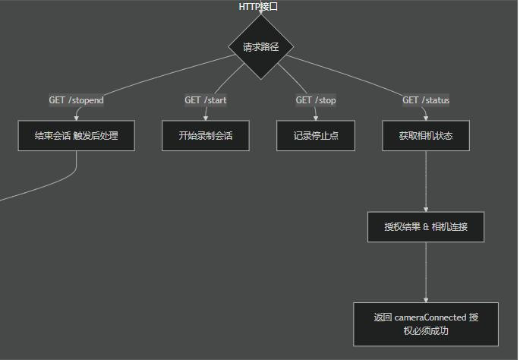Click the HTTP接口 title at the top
(x=259, y=7)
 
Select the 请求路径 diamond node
(x=261, y=47)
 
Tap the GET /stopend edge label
(x=77, y=100)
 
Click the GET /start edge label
(x=206, y=100)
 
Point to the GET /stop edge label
(x=316, y=100)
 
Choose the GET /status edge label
(x=426, y=100)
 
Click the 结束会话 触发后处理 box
(x=77, y=136)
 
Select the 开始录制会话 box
(x=206, y=136)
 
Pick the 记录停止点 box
(x=316, y=136)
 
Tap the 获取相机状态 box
(x=426, y=136)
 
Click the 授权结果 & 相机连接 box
(x=426, y=227)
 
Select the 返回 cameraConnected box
(x=426, y=324)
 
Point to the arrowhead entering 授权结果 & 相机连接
(x=426, y=209)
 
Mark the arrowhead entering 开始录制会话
(x=206, y=118)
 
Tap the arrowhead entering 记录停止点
(x=316, y=118)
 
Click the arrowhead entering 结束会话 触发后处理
(x=77, y=118)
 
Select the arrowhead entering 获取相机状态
(x=426, y=118)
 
